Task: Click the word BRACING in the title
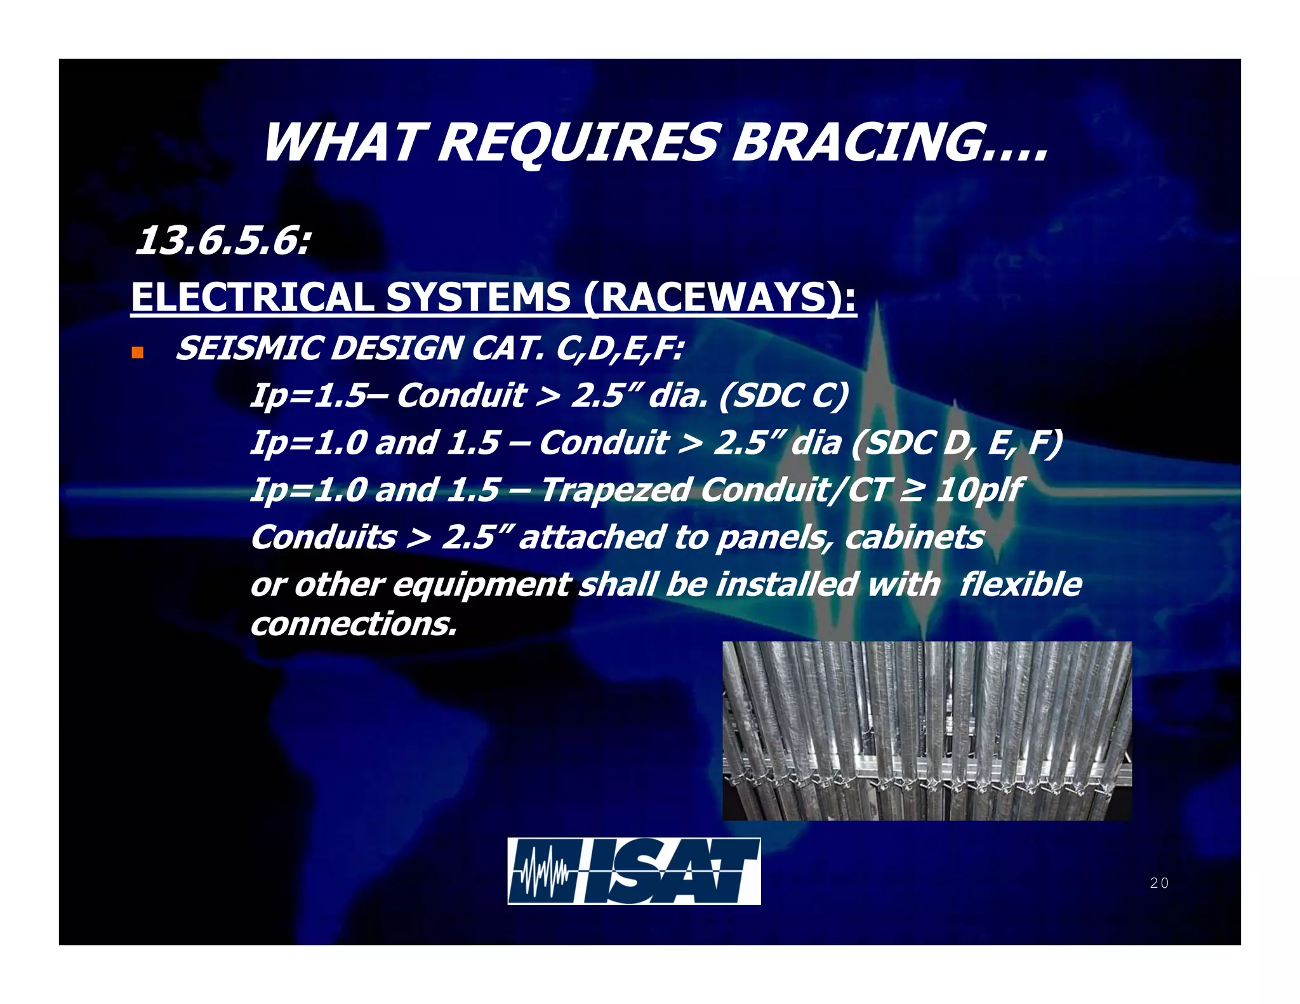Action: coord(889,143)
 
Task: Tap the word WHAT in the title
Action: coord(343,143)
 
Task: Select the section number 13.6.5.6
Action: coord(222,242)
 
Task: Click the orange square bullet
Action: coord(138,353)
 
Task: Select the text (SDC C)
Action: coord(783,395)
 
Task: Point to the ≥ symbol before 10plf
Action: coord(910,490)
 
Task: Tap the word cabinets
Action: coord(914,538)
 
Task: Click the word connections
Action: coord(353,624)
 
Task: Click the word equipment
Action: coord(482,585)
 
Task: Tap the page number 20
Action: coord(1159,883)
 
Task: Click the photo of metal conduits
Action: coord(927,730)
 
